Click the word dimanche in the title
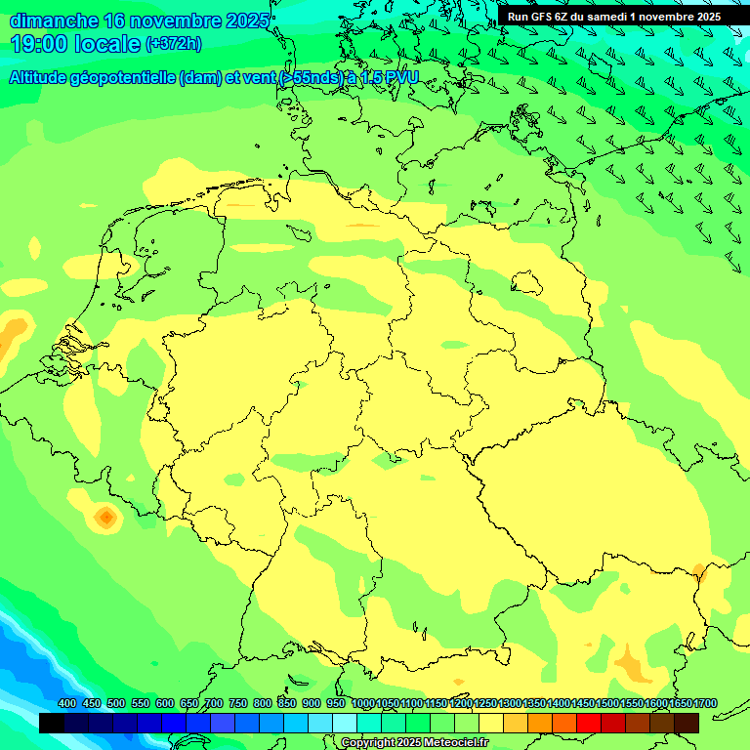(x=54, y=21)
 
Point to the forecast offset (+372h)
(x=173, y=43)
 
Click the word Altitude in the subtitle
(x=44, y=78)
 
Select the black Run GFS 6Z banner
(x=613, y=16)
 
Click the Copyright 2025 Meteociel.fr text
(x=413, y=742)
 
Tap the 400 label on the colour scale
(x=67, y=703)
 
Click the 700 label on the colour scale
(x=214, y=703)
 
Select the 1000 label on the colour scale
(x=362, y=703)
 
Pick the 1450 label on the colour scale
(x=583, y=703)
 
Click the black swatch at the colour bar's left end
(x=52, y=723)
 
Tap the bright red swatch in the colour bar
(x=589, y=723)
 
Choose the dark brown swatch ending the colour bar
(x=687, y=723)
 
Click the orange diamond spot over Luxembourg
(x=105, y=516)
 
